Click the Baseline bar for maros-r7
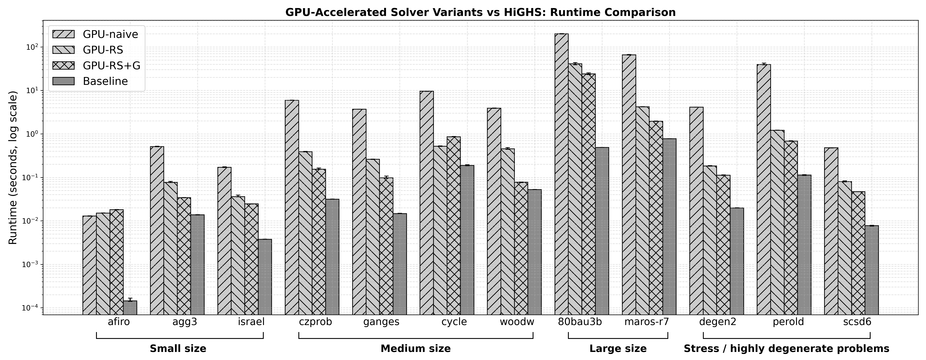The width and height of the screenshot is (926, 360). [669, 226]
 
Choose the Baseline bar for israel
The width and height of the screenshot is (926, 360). [265, 277]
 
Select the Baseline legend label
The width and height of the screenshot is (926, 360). [105, 81]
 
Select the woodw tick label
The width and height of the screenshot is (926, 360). [517, 322]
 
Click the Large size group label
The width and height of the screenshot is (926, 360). [618, 349]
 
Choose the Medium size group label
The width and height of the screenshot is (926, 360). [415, 349]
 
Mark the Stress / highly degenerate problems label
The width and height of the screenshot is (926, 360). [786, 349]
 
